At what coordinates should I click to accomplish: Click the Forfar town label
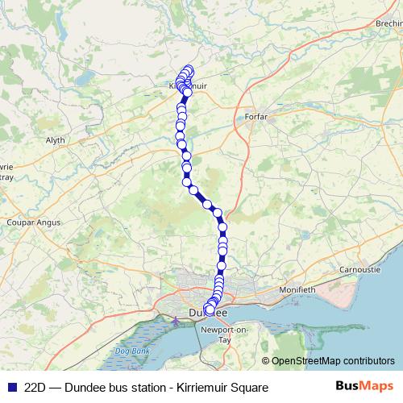point(255,117)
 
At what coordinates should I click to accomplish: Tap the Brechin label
point(388,25)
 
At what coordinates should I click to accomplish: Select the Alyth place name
point(55,139)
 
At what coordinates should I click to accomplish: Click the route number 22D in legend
point(35,387)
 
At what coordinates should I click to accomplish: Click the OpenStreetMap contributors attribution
point(332,361)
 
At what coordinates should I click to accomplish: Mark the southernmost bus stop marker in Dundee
point(210,310)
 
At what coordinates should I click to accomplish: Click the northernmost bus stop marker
point(189,69)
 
